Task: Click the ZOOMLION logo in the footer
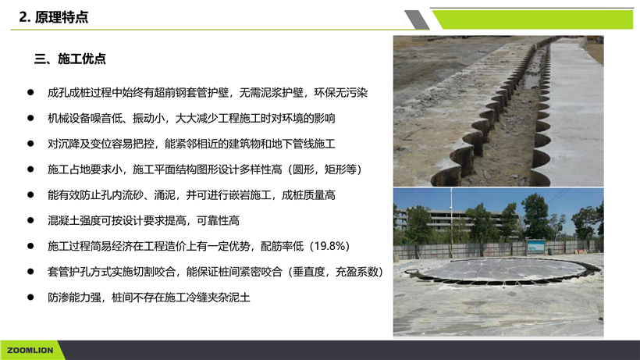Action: [x=30, y=350]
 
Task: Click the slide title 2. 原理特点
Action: [x=54, y=17]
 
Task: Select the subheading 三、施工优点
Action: [x=69, y=59]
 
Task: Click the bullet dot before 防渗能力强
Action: [x=30, y=298]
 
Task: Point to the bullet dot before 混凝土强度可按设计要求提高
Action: [x=30, y=220]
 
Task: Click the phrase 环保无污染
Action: [x=341, y=93]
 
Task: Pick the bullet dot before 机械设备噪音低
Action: [x=30, y=118]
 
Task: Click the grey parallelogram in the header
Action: [x=417, y=20]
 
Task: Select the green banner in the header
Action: [x=533, y=20]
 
